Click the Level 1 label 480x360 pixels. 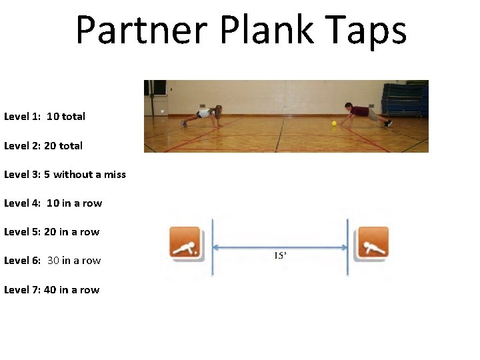click(x=22, y=116)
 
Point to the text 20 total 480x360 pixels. click(x=63, y=145)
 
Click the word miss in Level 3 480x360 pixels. click(x=115, y=175)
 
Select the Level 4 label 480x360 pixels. click(x=22, y=203)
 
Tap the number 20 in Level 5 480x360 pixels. click(x=50, y=232)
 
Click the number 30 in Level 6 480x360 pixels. click(x=53, y=261)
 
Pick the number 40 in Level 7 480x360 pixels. click(x=50, y=290)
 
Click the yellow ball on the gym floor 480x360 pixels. click(x=333, y=123)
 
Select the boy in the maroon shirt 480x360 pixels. click(x=363, y=114)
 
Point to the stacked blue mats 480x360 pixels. click(x=403, y=97)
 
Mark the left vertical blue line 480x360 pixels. click(x=212, y=247)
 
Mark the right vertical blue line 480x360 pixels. click(x=348, y=247)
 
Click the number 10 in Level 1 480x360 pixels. click(x=53, y=116)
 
